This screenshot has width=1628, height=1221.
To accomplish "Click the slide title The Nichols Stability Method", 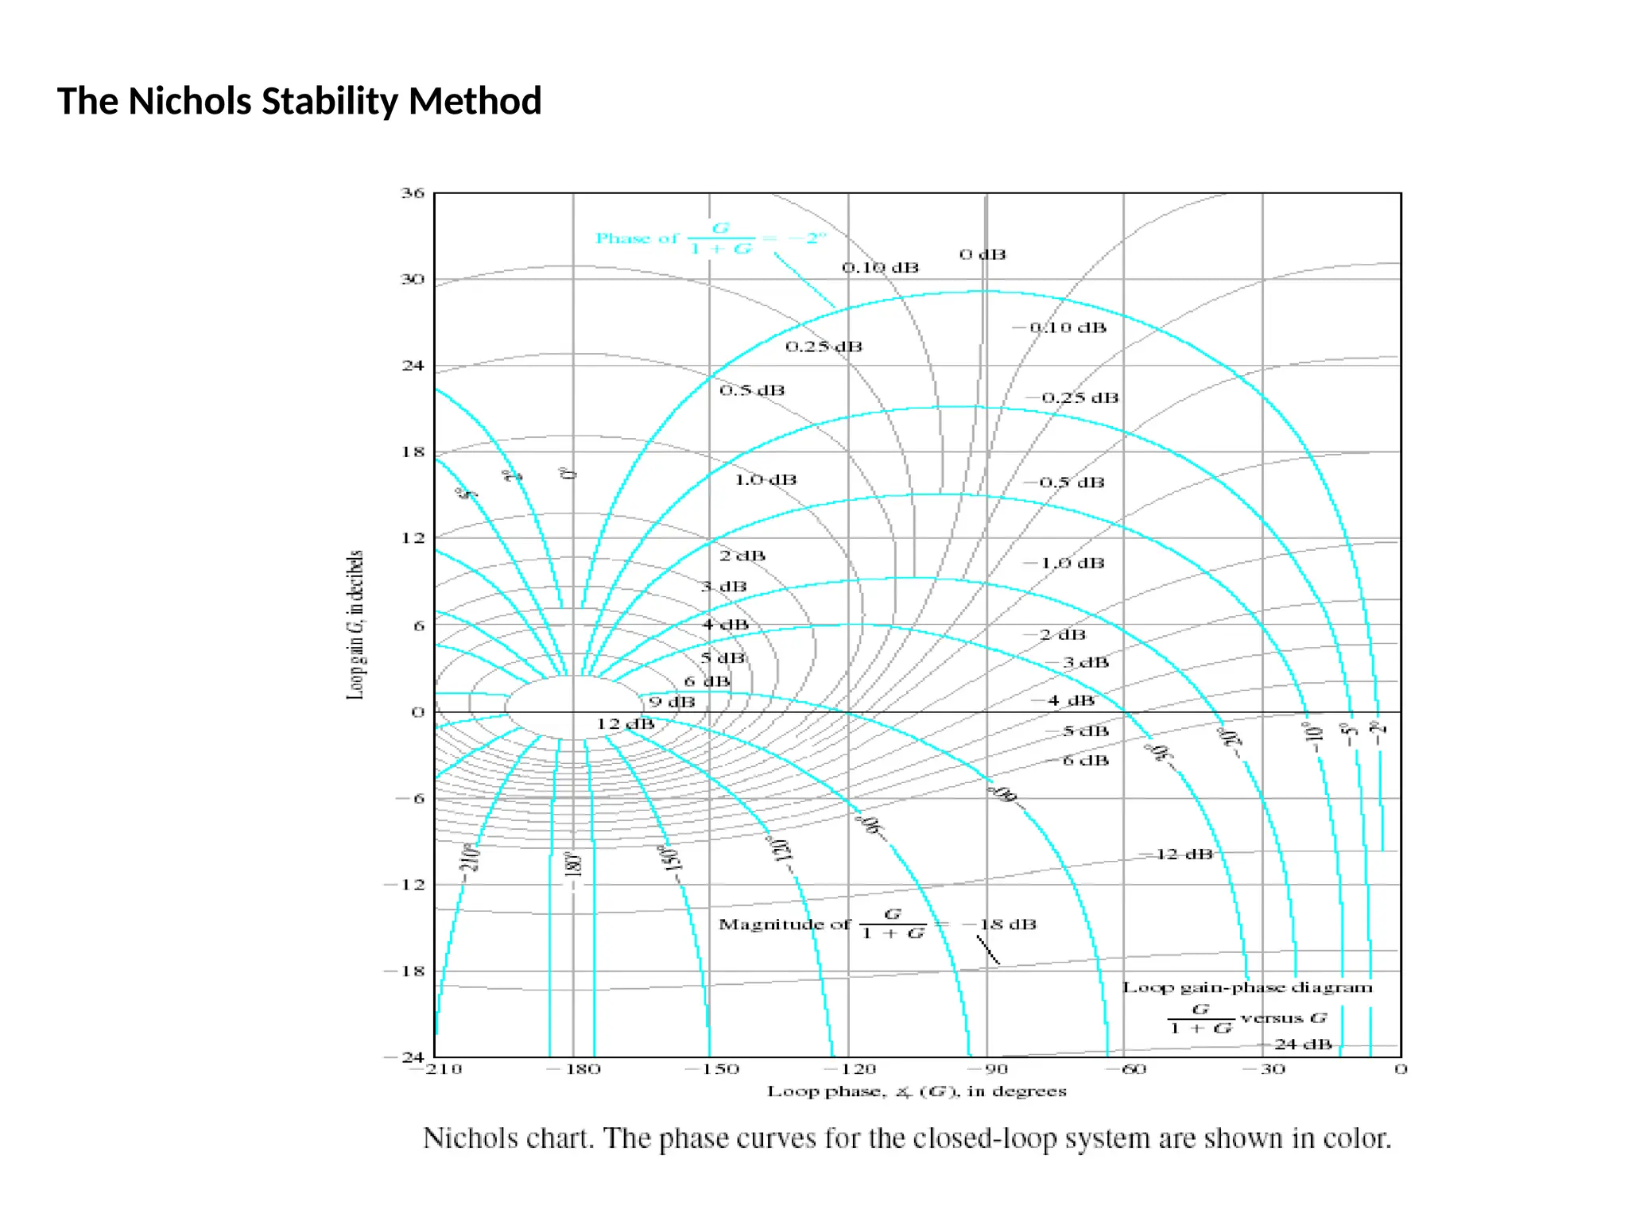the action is click(299, 102).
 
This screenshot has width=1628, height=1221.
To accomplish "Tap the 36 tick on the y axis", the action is click(413, 193).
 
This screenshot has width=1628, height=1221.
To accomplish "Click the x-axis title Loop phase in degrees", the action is click(917, 1091).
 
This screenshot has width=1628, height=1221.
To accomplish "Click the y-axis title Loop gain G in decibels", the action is click(355, 625).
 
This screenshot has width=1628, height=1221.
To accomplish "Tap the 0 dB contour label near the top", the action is click(983, 254).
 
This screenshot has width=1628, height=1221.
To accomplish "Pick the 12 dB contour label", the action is click(626, 724).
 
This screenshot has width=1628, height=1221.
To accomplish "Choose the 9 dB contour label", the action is click(672, 702).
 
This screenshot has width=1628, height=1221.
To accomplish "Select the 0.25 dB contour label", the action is click(824, 347).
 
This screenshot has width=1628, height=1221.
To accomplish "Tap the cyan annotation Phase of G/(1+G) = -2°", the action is click(711, 238).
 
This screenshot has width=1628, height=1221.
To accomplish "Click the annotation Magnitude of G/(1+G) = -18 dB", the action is click(878, 924).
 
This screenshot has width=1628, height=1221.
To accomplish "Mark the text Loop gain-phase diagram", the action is click(1247, 987).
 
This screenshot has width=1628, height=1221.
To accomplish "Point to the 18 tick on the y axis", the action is click(413, 452).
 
